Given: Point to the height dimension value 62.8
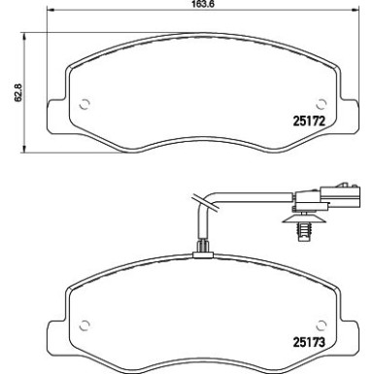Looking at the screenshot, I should [12, 95].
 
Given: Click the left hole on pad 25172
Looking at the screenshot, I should [84, 105].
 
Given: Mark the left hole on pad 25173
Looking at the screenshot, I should [84, 324].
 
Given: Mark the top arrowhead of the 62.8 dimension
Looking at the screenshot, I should [24, 38].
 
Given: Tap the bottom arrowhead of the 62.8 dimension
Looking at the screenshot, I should [24, 152].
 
